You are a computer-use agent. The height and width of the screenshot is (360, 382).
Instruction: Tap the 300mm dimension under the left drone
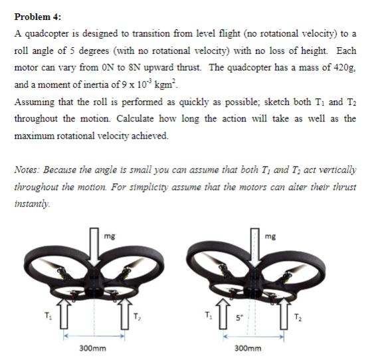(90, 347)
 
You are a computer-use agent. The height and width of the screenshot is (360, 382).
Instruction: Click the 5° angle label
(236, 315)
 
